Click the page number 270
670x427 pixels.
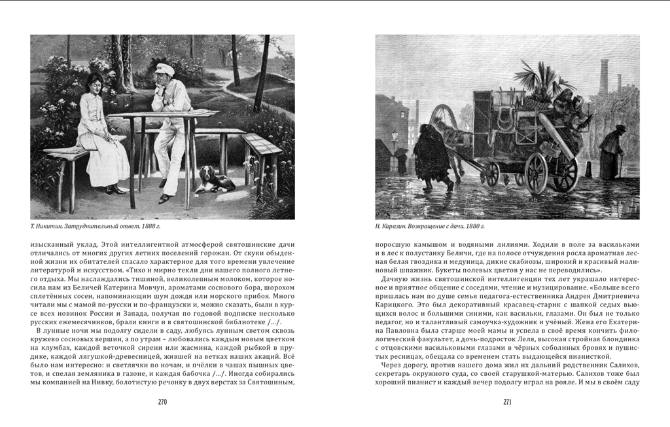(163, 402)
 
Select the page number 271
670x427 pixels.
(507, 402)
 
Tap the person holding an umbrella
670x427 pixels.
(400, 160)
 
